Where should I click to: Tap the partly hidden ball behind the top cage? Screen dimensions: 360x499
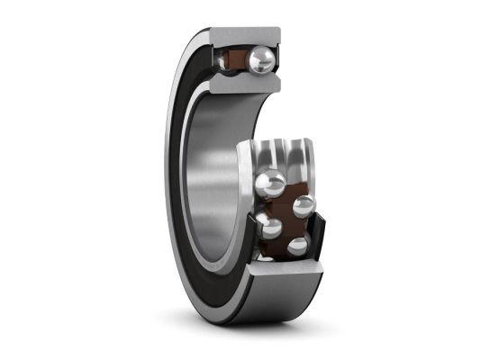(225, 60)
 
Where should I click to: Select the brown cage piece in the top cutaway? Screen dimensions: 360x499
(240, 61)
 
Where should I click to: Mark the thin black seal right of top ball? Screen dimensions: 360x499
(278, 60)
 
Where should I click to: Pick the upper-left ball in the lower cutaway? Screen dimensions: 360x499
(269, 184)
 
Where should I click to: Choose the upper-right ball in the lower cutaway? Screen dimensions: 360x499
(304, 206)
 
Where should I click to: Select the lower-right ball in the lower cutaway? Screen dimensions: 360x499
(298, 245)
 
